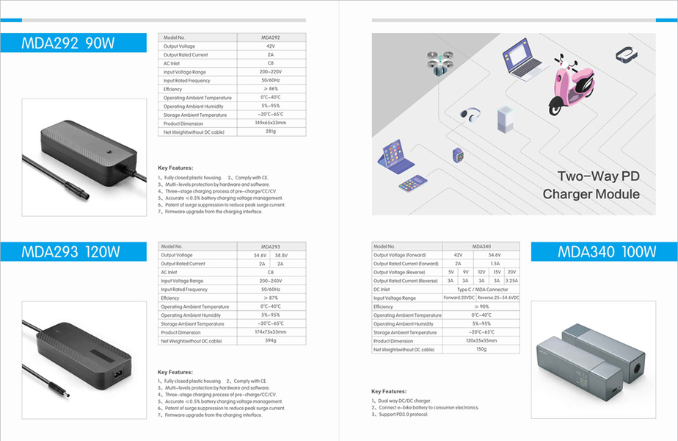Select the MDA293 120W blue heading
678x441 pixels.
click(70, 252)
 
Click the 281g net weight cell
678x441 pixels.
click(271, 132)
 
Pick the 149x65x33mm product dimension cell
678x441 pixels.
click(271, 123)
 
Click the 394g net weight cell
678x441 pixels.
click(271, 341)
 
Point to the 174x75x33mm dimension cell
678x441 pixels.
click(271, 332)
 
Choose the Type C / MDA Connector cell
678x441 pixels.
click(481, 290)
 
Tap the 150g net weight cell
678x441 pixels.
click(481, 350)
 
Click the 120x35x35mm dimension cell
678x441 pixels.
click(481, 341)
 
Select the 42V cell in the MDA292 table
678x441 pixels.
click(271, 46)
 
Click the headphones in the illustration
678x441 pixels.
click(470, 115)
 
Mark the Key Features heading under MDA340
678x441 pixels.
click(389, 392)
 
